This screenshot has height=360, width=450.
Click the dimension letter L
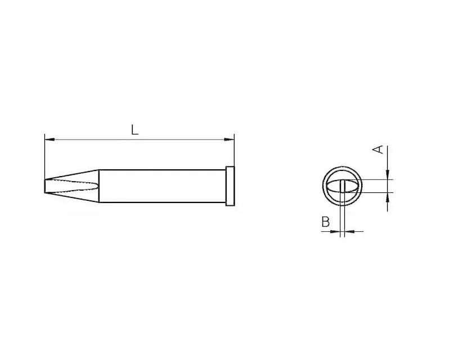point(134,130)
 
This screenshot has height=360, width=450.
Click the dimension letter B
point(326,222)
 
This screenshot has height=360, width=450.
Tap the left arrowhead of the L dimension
point(49,139)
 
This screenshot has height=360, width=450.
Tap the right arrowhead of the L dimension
point(229,139)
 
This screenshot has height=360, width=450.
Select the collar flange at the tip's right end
point(230,186)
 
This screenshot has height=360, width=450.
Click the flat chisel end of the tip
point(45,186)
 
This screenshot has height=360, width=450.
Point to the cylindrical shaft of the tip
point(163,186)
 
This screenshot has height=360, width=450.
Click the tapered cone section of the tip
point(73,186)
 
